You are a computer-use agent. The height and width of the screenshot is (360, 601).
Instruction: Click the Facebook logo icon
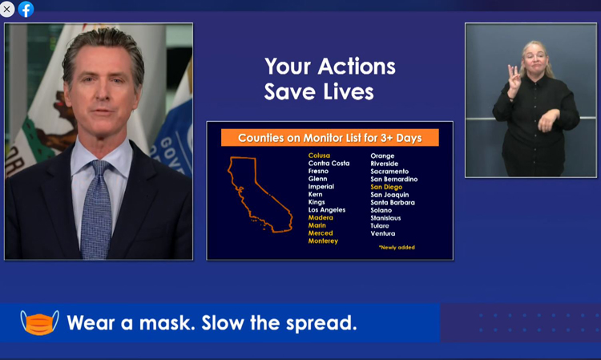26,9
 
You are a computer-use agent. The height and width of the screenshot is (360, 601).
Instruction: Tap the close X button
7,9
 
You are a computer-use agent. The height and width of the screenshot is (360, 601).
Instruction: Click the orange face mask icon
39,323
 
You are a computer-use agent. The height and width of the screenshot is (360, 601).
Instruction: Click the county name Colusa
319,156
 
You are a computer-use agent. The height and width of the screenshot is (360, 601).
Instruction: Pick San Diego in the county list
386,187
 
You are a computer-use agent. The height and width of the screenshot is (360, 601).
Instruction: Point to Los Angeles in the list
327,210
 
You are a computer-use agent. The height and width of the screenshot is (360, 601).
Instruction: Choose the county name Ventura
382,233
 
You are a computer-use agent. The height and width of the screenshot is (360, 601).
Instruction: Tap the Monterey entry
323,241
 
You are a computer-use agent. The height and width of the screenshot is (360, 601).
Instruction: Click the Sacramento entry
389,172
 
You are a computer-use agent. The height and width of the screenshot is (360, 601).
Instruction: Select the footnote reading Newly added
397,247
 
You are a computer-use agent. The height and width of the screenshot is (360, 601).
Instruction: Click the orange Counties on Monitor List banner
329,138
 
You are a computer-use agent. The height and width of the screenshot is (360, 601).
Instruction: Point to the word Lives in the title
348,92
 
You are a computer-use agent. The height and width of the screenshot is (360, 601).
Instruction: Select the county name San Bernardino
394,179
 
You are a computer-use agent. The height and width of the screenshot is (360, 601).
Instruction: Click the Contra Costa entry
329,164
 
